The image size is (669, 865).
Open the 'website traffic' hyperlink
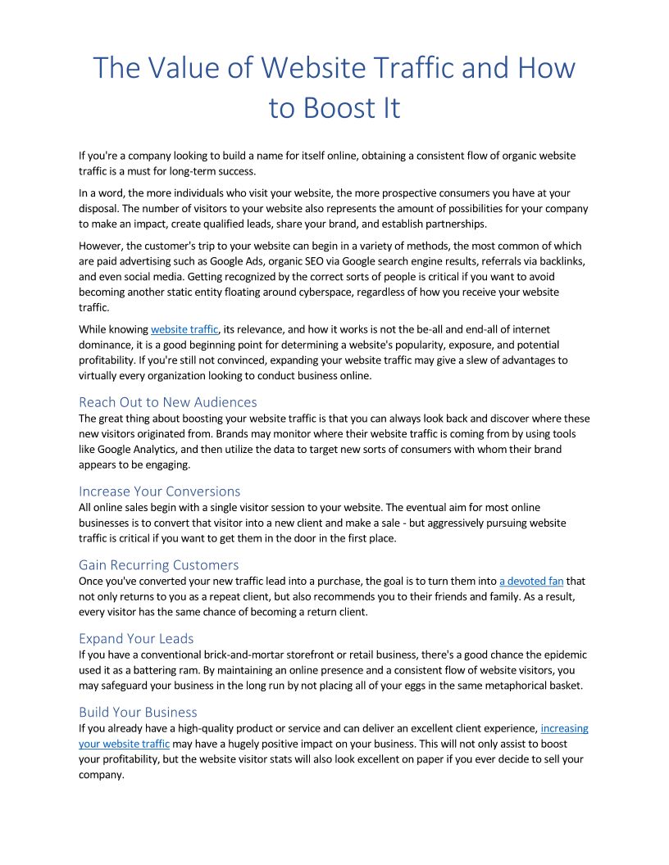coord(184,329)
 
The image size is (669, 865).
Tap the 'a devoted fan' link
coord(531,582)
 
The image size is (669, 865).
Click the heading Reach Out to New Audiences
coord(167,402)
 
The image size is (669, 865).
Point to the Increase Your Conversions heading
coord(159,491)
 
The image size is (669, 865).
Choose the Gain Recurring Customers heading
coord(158,564)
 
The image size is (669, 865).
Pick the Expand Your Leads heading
coord(136,638)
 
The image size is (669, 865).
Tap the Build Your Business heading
coord(138,712)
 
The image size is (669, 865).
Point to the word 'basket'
coord(563,686)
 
